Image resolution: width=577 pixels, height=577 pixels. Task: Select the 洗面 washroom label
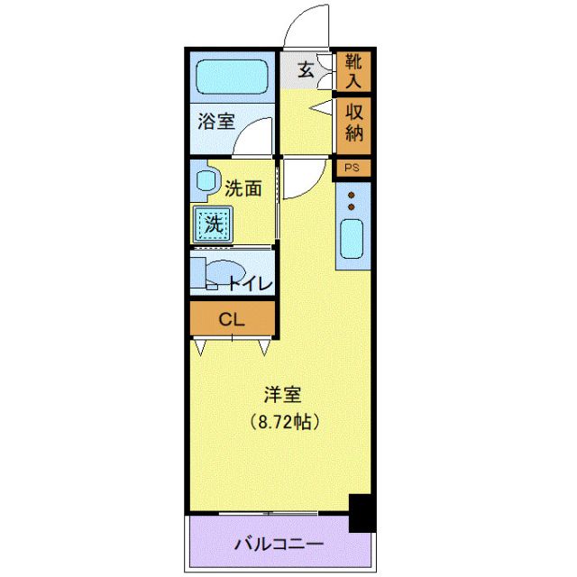click(243, 188)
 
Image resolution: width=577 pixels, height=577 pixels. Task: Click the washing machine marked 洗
click(213, 223)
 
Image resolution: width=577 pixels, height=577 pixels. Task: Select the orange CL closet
click(232, 317)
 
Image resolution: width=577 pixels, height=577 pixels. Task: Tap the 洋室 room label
click(281, 395)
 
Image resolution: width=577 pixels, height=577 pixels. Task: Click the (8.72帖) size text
click(281, 420)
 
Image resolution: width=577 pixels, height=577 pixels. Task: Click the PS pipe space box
click(351, 168)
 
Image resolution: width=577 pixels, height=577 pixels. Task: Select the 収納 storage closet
click(351, 125)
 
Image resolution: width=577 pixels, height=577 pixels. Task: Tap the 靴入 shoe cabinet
click(351, 71)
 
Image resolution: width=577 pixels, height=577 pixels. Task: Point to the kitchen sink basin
click(351, 239)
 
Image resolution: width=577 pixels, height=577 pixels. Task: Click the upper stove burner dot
click(352, 195)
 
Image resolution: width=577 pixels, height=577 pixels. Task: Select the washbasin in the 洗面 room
click(205, 180)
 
